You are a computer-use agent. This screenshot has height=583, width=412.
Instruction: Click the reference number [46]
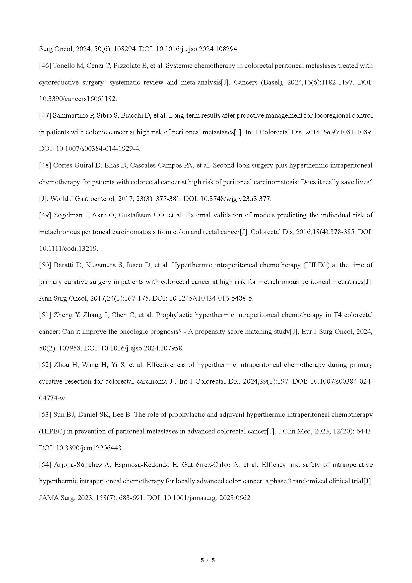45,66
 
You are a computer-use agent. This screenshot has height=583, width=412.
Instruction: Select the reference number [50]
45,265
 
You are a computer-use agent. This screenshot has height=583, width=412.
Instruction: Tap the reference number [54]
45,465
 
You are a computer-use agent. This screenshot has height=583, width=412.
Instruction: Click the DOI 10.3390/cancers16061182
78,99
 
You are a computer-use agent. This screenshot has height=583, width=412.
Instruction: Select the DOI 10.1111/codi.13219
68,248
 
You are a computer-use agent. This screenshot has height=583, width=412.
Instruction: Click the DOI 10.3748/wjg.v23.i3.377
236,199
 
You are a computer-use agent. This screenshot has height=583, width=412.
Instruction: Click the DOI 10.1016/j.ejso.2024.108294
197,49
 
